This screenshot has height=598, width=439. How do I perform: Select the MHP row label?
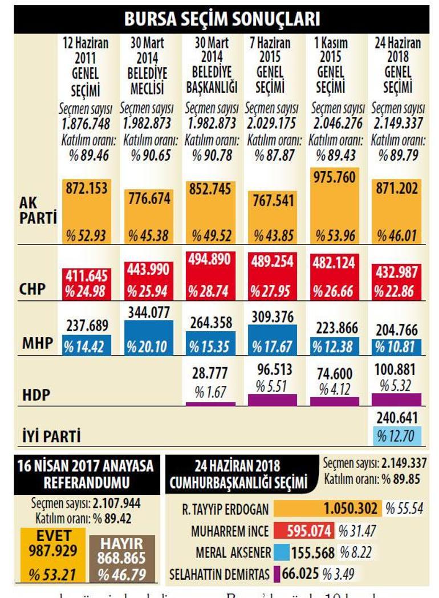click(36, 343)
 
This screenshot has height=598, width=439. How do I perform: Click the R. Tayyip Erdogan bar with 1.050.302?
click(327, 509)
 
